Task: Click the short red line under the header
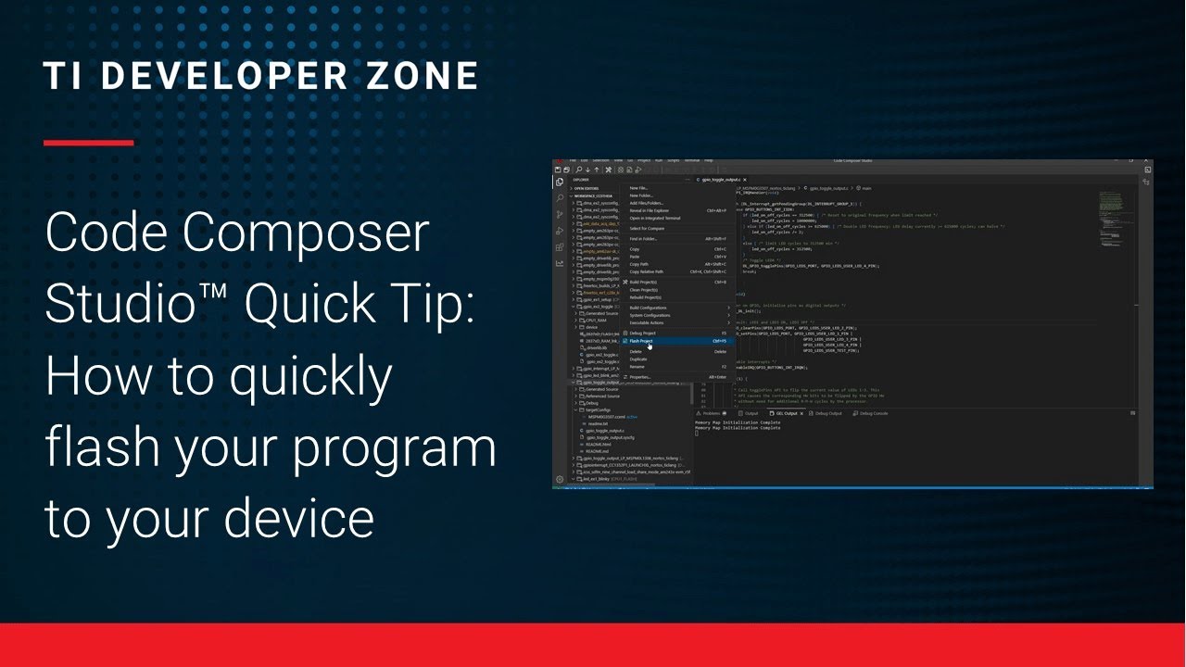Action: point(89,143)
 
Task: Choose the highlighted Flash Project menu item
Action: point(641,341)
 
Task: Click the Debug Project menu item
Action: point(642,333)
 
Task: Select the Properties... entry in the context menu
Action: point(639,377)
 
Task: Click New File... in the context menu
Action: point(638,188)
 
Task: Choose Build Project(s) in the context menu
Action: point(643,282)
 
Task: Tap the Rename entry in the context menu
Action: point(637,367)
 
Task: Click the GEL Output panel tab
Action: point(787,413)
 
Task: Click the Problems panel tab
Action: point(712,413)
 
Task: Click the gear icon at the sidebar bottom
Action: point(560,480)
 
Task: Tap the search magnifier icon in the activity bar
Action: point(560,198)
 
